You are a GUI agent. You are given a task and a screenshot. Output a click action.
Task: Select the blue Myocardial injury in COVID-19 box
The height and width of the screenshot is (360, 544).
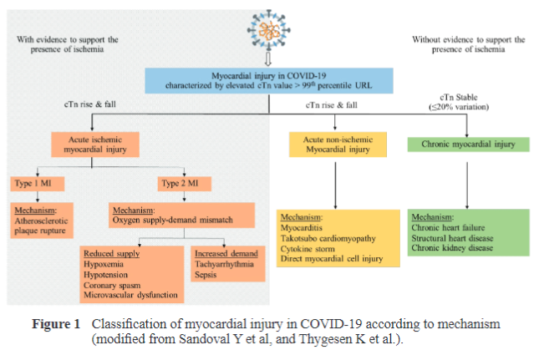(267, 82)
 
